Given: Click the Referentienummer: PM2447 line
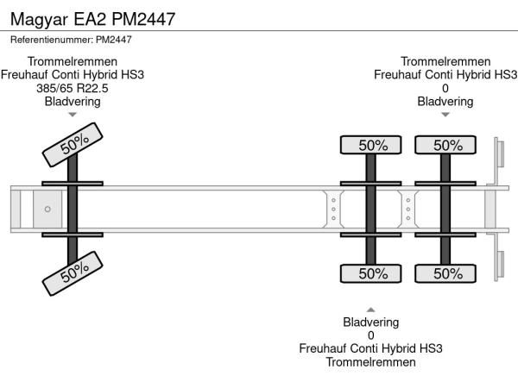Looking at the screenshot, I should (x=71, y=40).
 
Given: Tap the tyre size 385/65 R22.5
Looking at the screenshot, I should (x=73, y=88).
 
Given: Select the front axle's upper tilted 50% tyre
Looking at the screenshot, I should (x=73, y=144).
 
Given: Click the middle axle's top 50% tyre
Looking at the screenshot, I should (x=372, y=145).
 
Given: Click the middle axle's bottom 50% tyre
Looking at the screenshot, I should (x=372, y=273).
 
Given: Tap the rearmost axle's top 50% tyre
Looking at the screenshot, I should (x=447, y=145).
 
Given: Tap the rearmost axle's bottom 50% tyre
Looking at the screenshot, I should (x=447, y=273).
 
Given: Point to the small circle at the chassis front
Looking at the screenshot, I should (x=47, y=210).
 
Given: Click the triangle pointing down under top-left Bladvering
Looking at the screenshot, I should (x=73, y=115).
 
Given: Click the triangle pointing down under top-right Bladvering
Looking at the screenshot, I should (x=445, y=115).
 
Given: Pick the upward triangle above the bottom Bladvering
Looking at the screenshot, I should (x=371, y=309).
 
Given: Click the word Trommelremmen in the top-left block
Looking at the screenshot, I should (x=73, y=61).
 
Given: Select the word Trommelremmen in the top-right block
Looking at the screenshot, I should (x=445, y=61).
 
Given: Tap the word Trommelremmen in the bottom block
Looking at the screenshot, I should (x=371, y=362).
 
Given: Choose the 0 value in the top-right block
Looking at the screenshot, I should (x=445, y=88).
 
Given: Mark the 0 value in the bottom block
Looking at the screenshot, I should (x=371, y=335).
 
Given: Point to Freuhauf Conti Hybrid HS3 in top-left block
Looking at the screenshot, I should (x=73, y=75).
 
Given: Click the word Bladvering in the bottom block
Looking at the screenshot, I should (x=371, y=322).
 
